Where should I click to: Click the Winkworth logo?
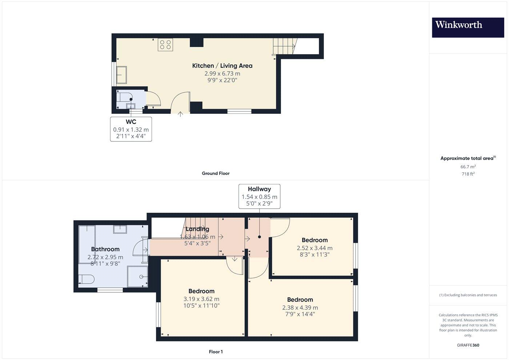coord(468,27)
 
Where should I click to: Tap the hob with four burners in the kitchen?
coord(165,44)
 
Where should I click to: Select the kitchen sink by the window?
coord(121,75)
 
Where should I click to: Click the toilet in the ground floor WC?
coord(124,97)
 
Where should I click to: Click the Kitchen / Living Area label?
coord(222,66)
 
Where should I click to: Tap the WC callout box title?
coord(131,122)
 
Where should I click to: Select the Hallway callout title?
coord(259,189)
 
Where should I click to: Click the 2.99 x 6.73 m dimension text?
coord(222,73)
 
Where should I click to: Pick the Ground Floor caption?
coord(216,173)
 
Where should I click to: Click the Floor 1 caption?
coord(216,352)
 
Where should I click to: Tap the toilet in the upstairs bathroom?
coord(87,279)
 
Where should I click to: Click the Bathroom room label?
coord(105,249)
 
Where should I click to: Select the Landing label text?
coord(197,229)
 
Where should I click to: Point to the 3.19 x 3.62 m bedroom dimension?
coord(201,299)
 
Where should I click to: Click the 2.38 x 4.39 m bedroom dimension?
coord(300,308)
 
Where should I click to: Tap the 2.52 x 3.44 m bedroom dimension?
coord(314,248)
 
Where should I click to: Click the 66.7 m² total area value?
coord(468,167)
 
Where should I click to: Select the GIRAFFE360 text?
coord(468,345)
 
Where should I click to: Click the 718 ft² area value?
coord(468,174)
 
